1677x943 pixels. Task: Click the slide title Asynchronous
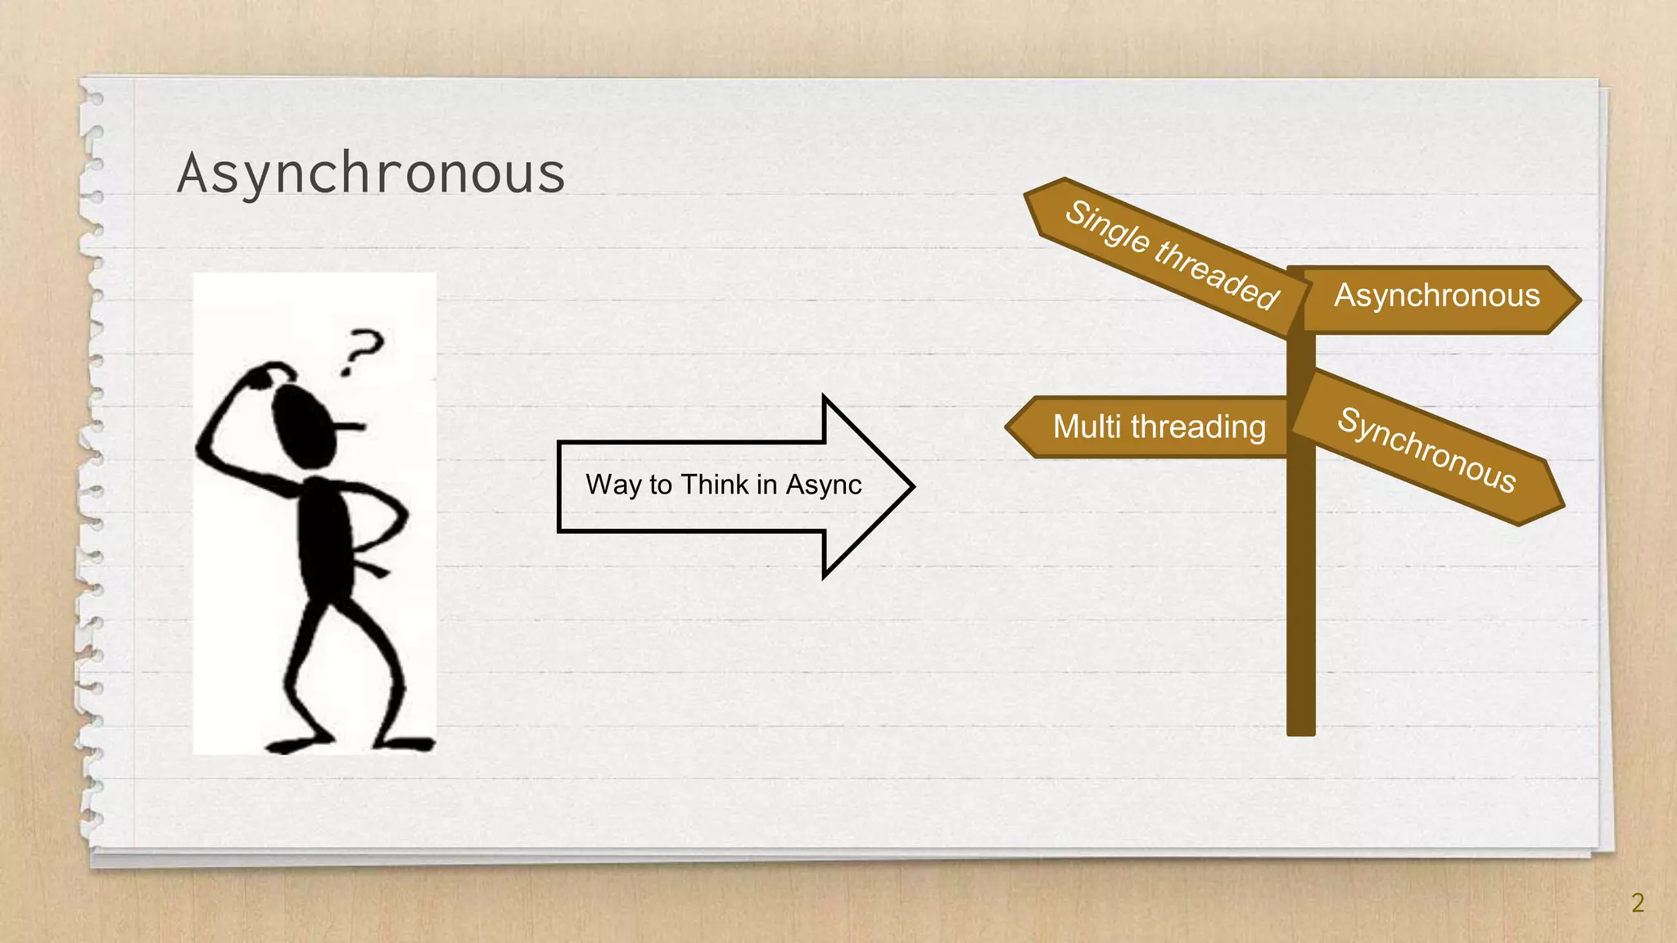coord(371,173)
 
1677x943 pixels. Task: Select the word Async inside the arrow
coord(824,485)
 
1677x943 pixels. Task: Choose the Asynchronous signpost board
coord(1437,296)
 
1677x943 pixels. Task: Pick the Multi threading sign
coord(1158,426)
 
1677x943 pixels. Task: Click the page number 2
coord(1637,903)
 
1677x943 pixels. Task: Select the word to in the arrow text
coord(661,485)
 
